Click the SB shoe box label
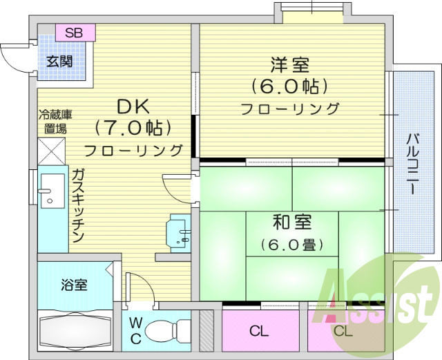pyautogui.click(x=75, y=32)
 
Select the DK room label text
pyautogui.click(x=133, y=106)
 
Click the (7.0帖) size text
pyautogui.click(x=133, y=128)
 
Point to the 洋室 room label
pyautogui.click(x=289, y=66)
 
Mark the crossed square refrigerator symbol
pyautogui.click(x=51, y=151)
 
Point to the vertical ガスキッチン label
pyautogui.click(x=77, y=205)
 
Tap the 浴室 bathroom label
pyautogui.click(x=74, y=285)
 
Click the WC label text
pyautogui.click(x=136, y=331)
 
